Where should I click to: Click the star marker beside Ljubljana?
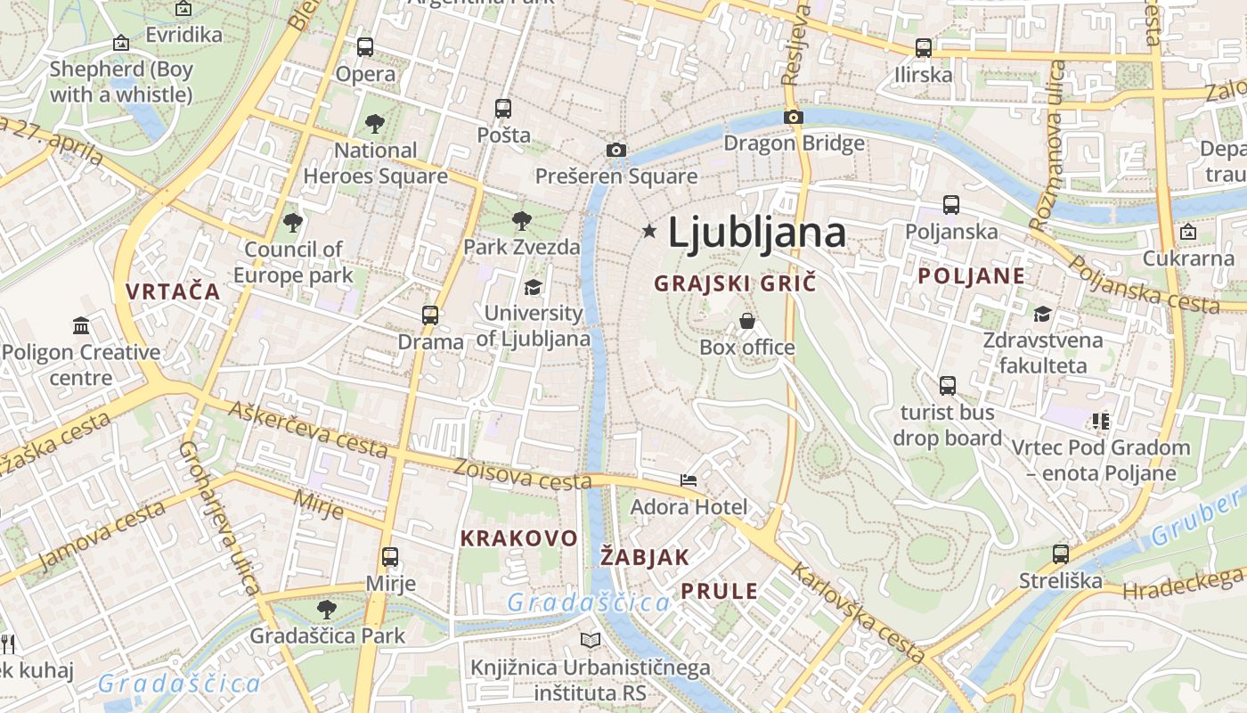[x=649, y=232]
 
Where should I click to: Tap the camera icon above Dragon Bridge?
[x=793, y=117]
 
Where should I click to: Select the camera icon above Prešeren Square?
[x=615, y=150]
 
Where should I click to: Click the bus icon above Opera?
[x=365, y=47]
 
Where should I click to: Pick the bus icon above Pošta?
[x=503, y=109]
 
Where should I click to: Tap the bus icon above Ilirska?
[x=924, y=48]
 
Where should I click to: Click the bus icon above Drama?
[x=430, y=315]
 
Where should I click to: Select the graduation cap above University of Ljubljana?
[x=533, y=287]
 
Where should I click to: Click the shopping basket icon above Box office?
[x=747, y=321]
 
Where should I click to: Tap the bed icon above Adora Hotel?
[x=689, y=480]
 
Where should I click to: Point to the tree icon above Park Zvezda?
[x=522, y=220]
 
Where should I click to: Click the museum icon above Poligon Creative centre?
[x=81, y=325]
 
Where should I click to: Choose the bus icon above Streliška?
[x=1060, y=554]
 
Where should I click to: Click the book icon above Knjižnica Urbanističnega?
[x=591, y=640]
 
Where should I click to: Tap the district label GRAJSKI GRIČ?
[x=735, y=283]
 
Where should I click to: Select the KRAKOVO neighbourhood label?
[x=519, y=538]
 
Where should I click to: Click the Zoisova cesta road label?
[x=522, y=474]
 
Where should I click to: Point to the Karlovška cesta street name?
[x=846, y=612]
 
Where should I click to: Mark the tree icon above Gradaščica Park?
[x=327, y=610]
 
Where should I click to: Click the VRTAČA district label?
[x=173, y=291]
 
